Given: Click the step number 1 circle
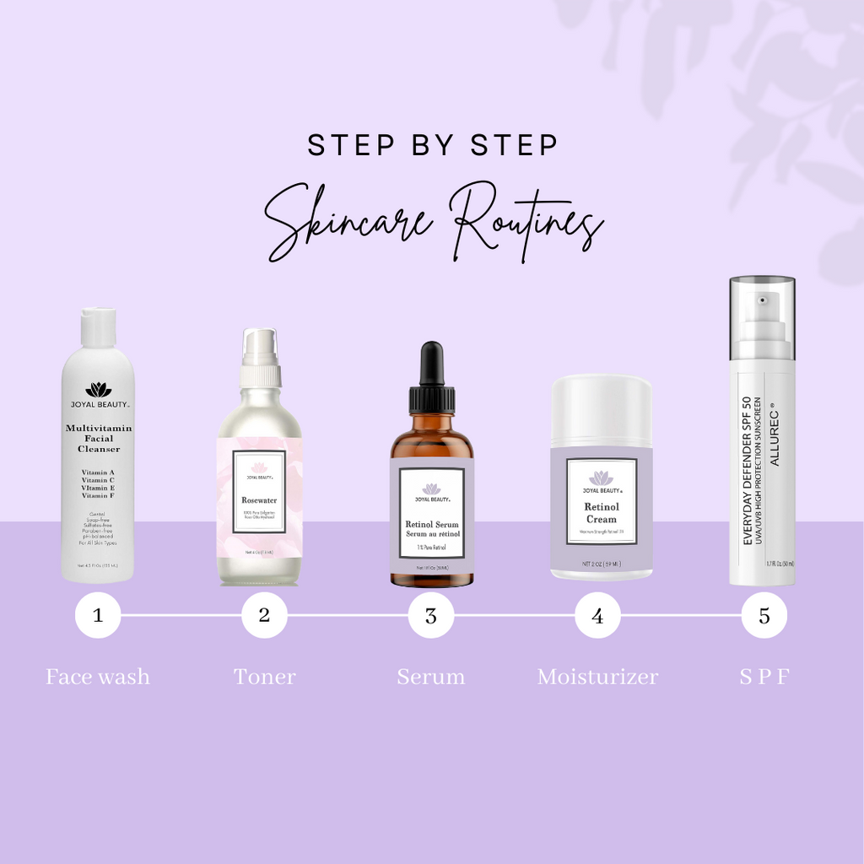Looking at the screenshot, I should pyautogui.click(x=98, y=615).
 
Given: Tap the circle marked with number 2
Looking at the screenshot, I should pyautogui.click(x=264, y=615).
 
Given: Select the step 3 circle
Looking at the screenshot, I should pyautogui.click(x=431, y=615).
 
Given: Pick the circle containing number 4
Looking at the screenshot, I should pyautogui.click(x=597, y=615).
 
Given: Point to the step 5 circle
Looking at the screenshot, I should pyautogui.click(x=764, y=615).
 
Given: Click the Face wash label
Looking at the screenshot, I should pyautogui.click(x=98, y=677).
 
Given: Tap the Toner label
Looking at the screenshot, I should pyautogui.click(x=264, y=677).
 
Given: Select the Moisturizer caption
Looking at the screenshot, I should pyautogui.click(x=597, y=677).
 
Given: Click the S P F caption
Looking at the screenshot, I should pyautogui.click(x=764, y=677).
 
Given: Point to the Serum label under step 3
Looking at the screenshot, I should pyautogui.click(x=431, y=677).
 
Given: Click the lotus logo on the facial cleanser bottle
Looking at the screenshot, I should pyautogui.click(x=99, y=389).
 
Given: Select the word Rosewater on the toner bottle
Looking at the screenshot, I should pyautogui.click(x=259, y=500).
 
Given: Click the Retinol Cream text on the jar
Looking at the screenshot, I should pyautogui.click(x=602, y=513).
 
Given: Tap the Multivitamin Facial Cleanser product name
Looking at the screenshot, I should pyautogui.click(x=99, y=439).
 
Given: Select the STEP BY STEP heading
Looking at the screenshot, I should pyautogui.click(x=432, y=145).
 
